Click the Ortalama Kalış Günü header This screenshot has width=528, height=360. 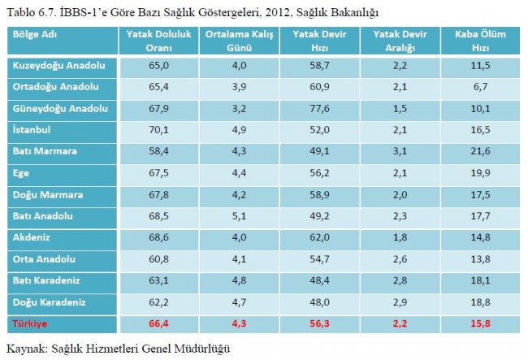click(239, 41)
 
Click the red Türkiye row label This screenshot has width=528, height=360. click(31, 325)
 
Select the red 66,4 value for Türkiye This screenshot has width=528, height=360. click(159, 325)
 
